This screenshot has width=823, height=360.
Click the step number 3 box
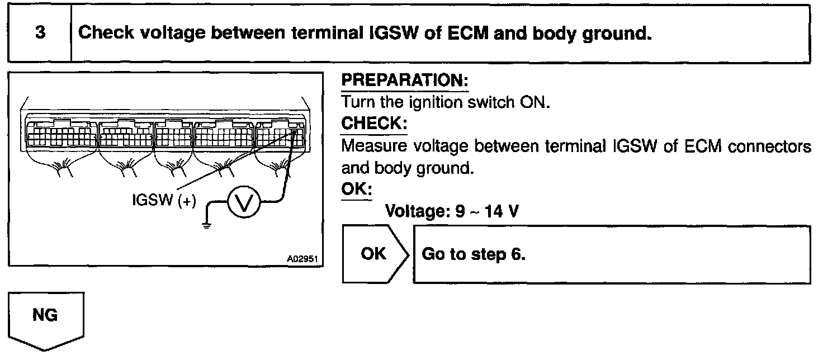pyautogui.click(x=40, y=34)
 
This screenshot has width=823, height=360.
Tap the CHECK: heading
pyautogui.click(x=373, y=123)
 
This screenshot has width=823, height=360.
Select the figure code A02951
pyautogui.click(x=301, y=259)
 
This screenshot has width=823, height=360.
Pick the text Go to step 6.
pyautogui.click(x=474, y=254)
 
